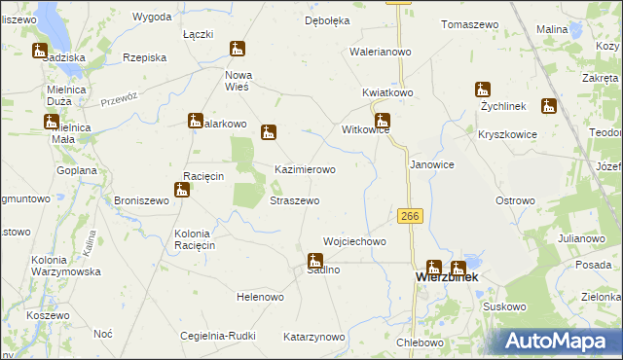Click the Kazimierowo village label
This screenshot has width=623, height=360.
305,169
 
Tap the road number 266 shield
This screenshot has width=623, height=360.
410,216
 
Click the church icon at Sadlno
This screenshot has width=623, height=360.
315,261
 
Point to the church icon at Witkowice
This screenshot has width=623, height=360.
384,122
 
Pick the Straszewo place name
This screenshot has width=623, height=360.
294,200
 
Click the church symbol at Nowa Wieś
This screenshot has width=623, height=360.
238,50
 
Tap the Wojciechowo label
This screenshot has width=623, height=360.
354,241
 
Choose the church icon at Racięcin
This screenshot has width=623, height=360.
182,190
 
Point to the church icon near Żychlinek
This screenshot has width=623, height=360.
483,90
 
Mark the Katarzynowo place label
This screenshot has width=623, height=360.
313,337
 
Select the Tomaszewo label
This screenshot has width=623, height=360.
469,24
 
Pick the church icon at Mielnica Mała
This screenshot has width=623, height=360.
51,122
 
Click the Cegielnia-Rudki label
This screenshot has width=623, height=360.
218,337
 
